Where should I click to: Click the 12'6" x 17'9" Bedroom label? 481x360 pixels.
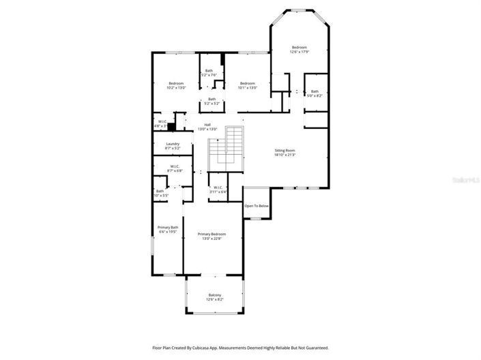point(299,50)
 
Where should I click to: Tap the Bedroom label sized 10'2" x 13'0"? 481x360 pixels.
point(176,85)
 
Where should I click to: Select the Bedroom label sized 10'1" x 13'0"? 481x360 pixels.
point(247,85)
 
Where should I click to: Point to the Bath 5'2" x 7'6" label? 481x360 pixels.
point(209,73)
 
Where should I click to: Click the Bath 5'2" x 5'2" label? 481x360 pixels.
point(212,101)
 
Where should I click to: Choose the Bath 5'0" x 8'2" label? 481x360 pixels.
point(315,93)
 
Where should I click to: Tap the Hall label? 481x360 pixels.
point(207,127)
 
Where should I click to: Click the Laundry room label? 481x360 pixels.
point(173,146)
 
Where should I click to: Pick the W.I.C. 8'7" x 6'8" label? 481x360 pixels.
point(175,168)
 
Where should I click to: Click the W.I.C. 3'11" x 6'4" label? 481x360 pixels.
point(218,190)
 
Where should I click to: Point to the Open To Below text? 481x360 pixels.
point(257,206)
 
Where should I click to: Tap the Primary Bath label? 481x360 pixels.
point(168,229)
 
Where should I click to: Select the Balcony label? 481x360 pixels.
point(214,297)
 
